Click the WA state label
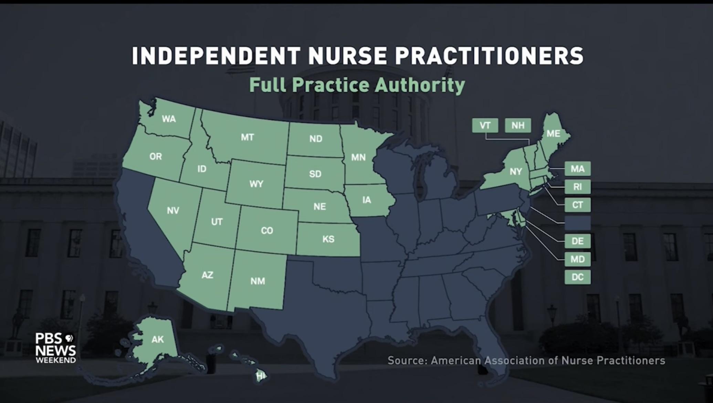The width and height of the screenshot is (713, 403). point(169,119)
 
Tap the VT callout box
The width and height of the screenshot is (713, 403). point(485,125)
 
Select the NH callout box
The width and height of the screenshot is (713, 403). point(518,125)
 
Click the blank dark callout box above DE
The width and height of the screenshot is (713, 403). point(577,223)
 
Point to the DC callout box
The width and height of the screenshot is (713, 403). point(577,277)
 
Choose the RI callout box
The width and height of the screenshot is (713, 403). point(577,187)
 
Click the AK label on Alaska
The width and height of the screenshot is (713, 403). point(158,340)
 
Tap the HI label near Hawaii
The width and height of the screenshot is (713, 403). point(261,376)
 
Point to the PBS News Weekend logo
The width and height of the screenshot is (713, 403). point(55,348)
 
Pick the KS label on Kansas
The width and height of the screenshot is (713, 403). point(328,239)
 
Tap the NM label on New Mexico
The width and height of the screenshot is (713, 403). point(258,281)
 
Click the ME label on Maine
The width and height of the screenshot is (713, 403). point(553,134)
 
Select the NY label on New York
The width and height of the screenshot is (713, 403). point(515,172)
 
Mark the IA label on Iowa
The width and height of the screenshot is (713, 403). point(367,200)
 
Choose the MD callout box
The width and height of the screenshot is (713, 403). point(577,259)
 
